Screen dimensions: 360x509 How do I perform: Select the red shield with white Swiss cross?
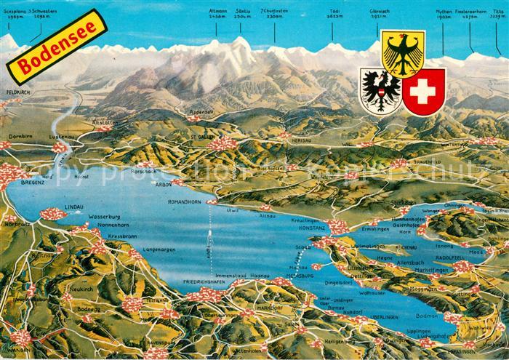423,92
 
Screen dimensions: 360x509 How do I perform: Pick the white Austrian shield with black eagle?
380,90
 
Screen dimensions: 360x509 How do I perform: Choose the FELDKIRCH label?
18,93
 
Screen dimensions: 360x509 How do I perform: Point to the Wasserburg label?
103,217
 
